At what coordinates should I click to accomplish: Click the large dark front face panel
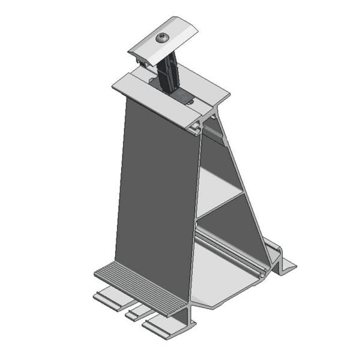coord(158,188)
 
